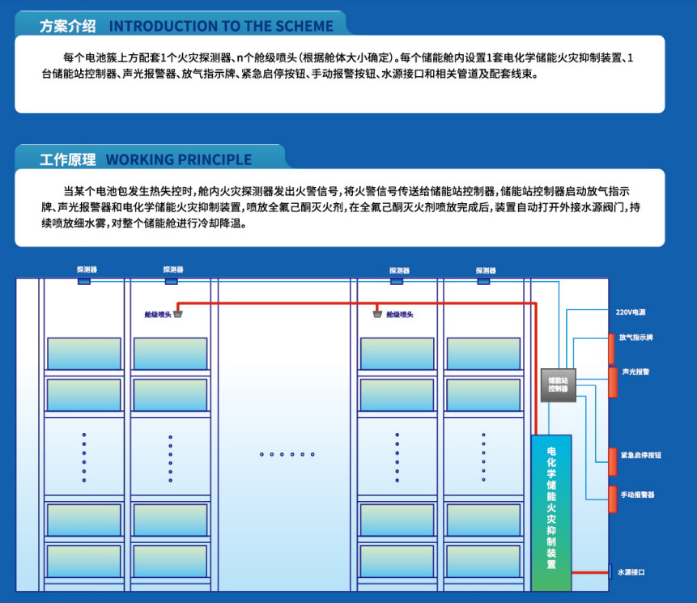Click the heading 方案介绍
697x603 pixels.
tap(67, 26)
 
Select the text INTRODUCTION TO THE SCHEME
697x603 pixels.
tap(221, 26)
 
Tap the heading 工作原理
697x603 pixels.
tap(67, 159)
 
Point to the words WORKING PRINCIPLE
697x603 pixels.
tap(179, 159)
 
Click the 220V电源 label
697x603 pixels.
tap(631, 312)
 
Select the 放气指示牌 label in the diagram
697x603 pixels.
tap(635, 337)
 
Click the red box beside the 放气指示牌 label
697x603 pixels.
tap(612, 347)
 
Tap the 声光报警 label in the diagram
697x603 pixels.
tap(635, 372)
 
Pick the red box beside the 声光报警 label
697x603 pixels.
tap(613, 382)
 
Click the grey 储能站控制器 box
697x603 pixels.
tap(558, 384)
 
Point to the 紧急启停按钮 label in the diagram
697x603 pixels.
tap(640, 456)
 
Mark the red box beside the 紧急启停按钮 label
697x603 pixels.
tap(613, 461)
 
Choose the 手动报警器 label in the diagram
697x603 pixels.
tap(637, 494)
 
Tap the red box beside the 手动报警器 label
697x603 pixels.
tap(613, 499)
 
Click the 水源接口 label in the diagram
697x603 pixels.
tap(631, 572)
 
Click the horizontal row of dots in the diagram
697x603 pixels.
tap(287, 454)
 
